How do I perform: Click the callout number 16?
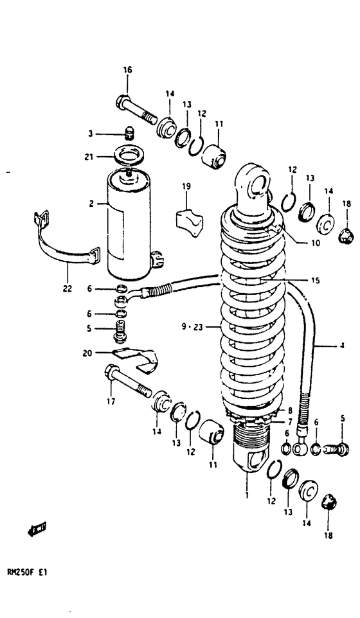[x=127, y=71]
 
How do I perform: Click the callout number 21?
[x=90, y=156]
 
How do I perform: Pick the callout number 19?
[x=186, y=187]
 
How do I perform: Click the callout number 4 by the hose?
[x=342, y=346]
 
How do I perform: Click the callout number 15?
[x=315, y=280]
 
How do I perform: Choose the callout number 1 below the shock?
[x=246, y=495]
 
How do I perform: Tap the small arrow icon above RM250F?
[x=36, y=530]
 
